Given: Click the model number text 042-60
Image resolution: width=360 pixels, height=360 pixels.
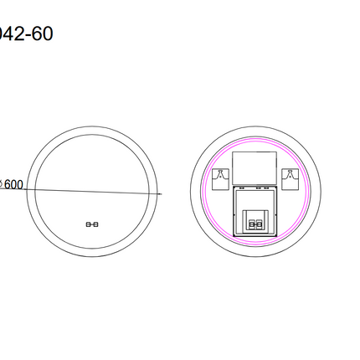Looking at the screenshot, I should point(25,36).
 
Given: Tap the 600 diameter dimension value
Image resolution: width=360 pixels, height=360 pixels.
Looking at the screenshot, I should point(12,185).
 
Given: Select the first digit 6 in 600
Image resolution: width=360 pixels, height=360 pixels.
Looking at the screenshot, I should point(8,185).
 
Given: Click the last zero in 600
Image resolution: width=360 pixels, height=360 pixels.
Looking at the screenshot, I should point(19,185).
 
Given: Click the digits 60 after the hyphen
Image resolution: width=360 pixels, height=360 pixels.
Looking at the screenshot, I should point(42,36).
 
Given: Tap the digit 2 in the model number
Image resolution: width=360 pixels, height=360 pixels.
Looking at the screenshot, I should point(20,36).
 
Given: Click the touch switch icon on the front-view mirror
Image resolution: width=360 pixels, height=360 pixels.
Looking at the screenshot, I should point(92,224).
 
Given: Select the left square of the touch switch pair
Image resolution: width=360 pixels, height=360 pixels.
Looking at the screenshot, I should point(89,224).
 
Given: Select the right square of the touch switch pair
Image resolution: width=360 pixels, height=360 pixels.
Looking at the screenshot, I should point(95,224).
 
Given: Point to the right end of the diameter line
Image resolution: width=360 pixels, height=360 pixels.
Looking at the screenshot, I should point(161,194).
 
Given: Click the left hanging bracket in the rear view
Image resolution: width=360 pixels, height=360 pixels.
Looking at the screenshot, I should point(221,177).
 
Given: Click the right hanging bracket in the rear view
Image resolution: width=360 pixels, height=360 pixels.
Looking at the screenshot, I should point(291,177).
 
